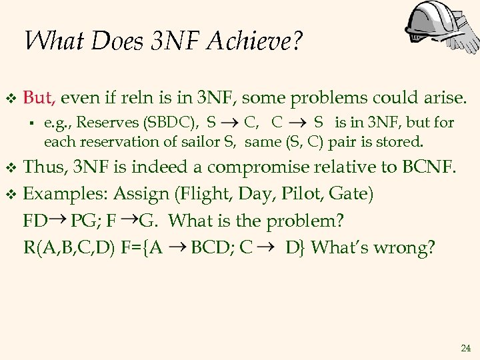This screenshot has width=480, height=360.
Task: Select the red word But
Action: [x=39, y=98]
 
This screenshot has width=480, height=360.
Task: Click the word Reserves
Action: [x=99, y=123]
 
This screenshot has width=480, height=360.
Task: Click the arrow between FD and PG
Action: [x=59, y=218]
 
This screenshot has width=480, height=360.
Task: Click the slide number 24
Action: [x=465, y=349]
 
